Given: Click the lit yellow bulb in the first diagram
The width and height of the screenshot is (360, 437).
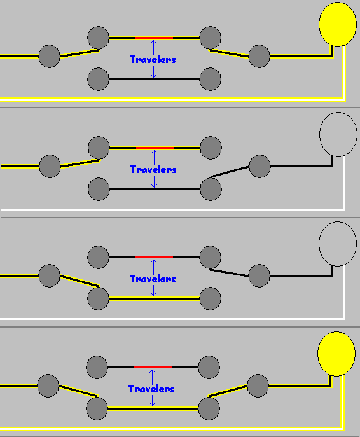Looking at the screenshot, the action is click(338, 24).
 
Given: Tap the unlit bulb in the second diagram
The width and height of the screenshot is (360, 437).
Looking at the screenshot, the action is click(338, 134).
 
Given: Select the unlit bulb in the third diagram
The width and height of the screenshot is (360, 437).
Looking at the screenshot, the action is click(338, 244).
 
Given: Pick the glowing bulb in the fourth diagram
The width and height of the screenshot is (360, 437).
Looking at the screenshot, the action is click(336, 354).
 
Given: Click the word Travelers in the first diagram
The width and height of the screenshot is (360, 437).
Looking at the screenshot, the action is click(153, 59).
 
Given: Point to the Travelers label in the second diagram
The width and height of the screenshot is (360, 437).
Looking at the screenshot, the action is click(153, 169).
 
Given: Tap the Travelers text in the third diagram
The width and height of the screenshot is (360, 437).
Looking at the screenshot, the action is click(153, 279).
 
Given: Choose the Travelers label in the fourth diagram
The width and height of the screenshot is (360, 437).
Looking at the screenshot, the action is click(151, 389).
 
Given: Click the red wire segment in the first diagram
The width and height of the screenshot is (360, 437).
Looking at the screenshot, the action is click(154, 38).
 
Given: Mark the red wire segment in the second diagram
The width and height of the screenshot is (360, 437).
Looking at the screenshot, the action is click(155, 148).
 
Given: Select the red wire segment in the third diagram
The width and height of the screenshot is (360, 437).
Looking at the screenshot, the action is click(154, 257).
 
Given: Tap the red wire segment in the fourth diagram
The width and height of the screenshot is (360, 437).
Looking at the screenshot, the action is click(153, 367).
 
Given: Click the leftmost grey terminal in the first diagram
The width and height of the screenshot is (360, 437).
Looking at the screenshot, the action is click(50, 56).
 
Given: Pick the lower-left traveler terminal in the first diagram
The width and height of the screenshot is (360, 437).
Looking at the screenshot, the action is click(98, 79).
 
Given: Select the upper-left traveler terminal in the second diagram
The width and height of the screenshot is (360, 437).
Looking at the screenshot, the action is click(99, 148).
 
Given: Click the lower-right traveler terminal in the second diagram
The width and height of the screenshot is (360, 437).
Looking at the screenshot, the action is click(211, 189).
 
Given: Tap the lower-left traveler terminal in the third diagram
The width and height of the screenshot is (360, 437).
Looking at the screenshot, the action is click(98, 298).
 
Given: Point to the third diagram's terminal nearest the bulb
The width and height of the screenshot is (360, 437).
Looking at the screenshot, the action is click(259, 275).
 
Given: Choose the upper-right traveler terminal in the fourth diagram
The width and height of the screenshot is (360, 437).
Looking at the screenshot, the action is click(209, 367).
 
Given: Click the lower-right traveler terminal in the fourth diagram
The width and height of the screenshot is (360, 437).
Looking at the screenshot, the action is click(209, 408).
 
